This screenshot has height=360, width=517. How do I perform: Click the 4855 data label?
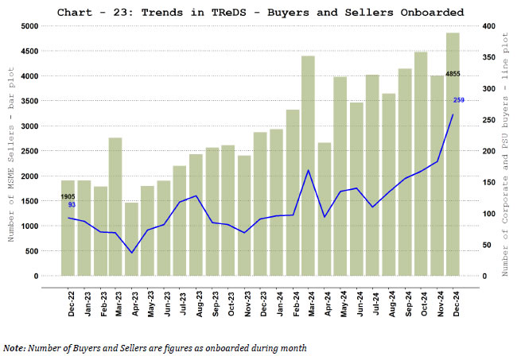tap(453, 74)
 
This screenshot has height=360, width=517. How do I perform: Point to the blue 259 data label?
tap(459, 99)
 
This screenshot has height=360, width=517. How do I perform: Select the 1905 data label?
tap(68, 195)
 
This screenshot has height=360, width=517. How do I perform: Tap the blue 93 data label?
tap(71, 205)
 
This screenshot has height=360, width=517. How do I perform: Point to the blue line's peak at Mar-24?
tap(308, 170)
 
